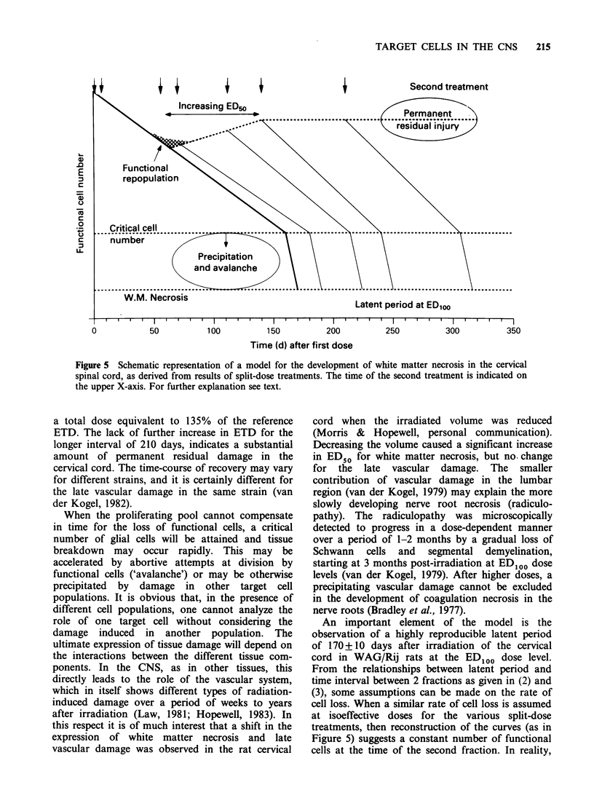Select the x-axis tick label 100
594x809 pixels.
[x=213, y=331]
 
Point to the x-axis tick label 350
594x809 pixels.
[x=512, y=331]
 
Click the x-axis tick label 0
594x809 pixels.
[x=94, y=331]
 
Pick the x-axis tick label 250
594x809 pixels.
[x=393, y=331]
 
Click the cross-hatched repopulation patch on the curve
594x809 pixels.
[x=170, y=141]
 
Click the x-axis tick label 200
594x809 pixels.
[x=333, y=331]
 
